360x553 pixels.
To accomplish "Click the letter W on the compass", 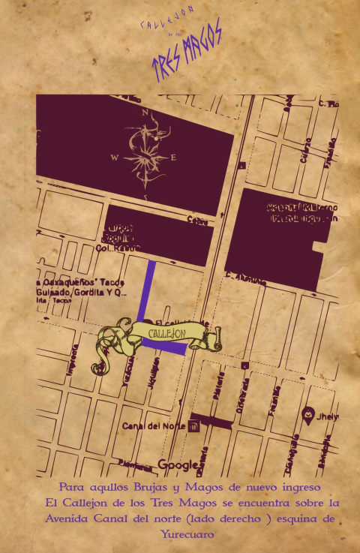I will pos(114,158).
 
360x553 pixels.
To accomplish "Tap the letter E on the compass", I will pos(174,158).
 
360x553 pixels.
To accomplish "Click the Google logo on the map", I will pos(177,464).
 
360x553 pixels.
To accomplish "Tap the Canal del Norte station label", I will pos(153,427).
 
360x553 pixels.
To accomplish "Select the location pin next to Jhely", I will pos(307,414).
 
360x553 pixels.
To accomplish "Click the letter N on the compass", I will pos(145,113).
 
